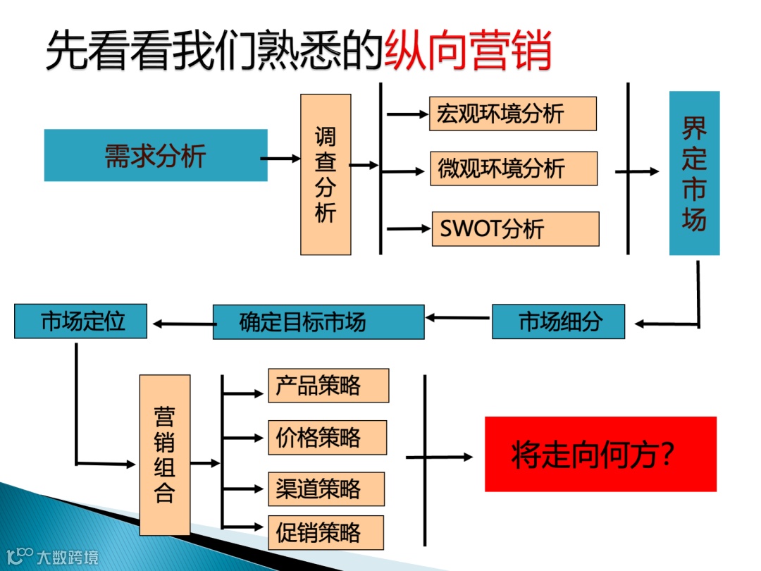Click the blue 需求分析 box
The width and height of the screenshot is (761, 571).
pos(156,155)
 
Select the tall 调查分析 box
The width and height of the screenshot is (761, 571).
pos(326,174)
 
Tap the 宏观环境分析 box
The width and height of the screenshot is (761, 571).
pos(512,113)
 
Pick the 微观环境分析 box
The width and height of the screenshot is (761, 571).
pos(513,168)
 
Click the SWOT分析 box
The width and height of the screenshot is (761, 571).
pos(514,228)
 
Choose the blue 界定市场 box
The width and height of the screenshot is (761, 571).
pos(694,173)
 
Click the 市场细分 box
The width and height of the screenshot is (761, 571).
pos(558,322)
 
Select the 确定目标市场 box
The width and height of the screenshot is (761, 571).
pos(318,322)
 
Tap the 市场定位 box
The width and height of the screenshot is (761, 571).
pos(80,321)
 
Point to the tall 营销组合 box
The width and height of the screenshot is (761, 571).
pos(164,455)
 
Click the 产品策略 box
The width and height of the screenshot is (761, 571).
pos(328,386)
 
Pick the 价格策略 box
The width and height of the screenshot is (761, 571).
pos(327,437)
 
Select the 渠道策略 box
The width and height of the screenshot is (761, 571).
pos(326,489)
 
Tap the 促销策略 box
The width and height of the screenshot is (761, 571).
pos(326,532)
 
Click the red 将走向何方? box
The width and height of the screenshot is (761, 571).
pos(600,454)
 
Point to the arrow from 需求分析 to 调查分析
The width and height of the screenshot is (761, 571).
pos(280,159)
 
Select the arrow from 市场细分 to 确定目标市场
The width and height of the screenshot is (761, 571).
pos(458,318)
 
